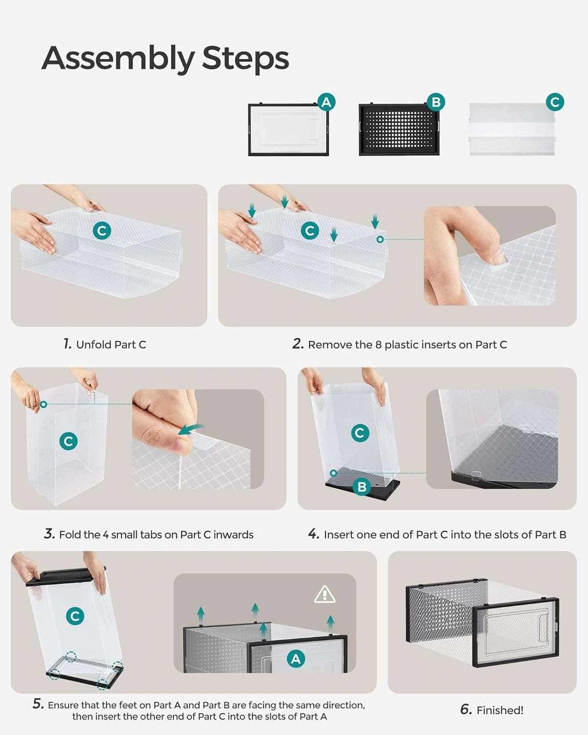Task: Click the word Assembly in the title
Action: pos(118,59)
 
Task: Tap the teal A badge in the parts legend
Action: pos(326,102)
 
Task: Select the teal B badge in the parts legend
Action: pos(436,102)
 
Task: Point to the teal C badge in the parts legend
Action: pos(555,102)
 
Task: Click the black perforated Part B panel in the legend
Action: pos(399,129)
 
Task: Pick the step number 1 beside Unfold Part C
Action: pos(67,343)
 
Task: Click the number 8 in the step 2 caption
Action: pos(378,344)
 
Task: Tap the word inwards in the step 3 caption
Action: pos(233,535)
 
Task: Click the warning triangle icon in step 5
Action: pos(324,595)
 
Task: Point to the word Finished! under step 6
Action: pos(500,710)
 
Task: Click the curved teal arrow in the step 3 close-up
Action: pos(190,430)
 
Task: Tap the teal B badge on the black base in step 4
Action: pos(362,487)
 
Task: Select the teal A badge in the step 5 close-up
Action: pos(296,659)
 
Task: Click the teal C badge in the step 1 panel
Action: pos(102,231)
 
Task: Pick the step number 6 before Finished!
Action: pos(466,710)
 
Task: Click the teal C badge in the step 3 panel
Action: pos(68,441)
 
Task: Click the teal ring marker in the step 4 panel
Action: pos(334,473)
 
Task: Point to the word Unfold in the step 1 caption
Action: pos(94,344)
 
